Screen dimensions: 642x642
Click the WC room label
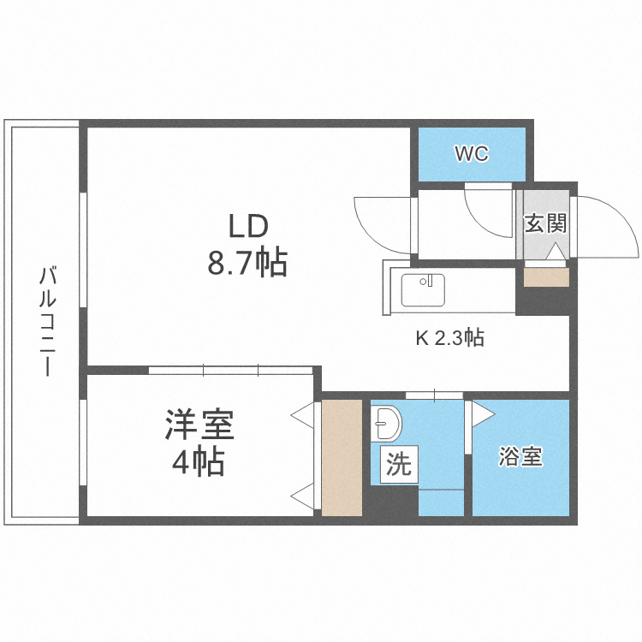tap(471, 154)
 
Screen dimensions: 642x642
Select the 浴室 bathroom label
tap(520, 457)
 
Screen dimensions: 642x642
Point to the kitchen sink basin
tap(423, 288)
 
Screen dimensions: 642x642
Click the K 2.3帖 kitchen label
tap(450, 338)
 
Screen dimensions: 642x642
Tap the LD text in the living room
tap(247, 227)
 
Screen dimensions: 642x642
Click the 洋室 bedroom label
tap(199, 425)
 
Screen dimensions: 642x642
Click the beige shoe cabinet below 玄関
tap(545, 277)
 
